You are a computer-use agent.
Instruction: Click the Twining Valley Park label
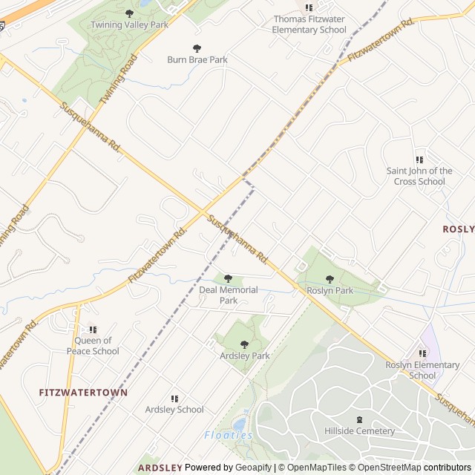pos(129,24)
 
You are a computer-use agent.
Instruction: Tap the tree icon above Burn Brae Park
pos(197,48)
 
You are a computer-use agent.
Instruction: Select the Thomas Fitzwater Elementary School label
pos(309,24)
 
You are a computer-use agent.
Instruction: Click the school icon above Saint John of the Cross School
pos(419,160)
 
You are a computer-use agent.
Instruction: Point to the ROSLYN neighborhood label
pos(459,229)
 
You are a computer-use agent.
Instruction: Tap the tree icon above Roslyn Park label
pos(330,280)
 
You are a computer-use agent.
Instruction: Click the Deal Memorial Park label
pos(229,295)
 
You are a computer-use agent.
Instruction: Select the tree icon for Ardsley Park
pos(244,344)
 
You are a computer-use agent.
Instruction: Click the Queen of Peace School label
pos(93,347)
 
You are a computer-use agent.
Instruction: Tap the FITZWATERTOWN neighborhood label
pos(83,392)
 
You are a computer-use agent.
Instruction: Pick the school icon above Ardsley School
pos(174,399)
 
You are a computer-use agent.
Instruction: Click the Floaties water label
pos(228,435)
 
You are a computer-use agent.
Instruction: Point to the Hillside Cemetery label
pos(360,431)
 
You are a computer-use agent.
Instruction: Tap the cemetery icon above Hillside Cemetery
pos(360,419)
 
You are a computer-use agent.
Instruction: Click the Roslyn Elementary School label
pos(422,370)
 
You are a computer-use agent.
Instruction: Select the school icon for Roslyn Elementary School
pos(422,354)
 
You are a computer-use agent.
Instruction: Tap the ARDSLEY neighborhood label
pos(160,468)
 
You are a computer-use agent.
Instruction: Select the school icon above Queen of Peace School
pos(93,330)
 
